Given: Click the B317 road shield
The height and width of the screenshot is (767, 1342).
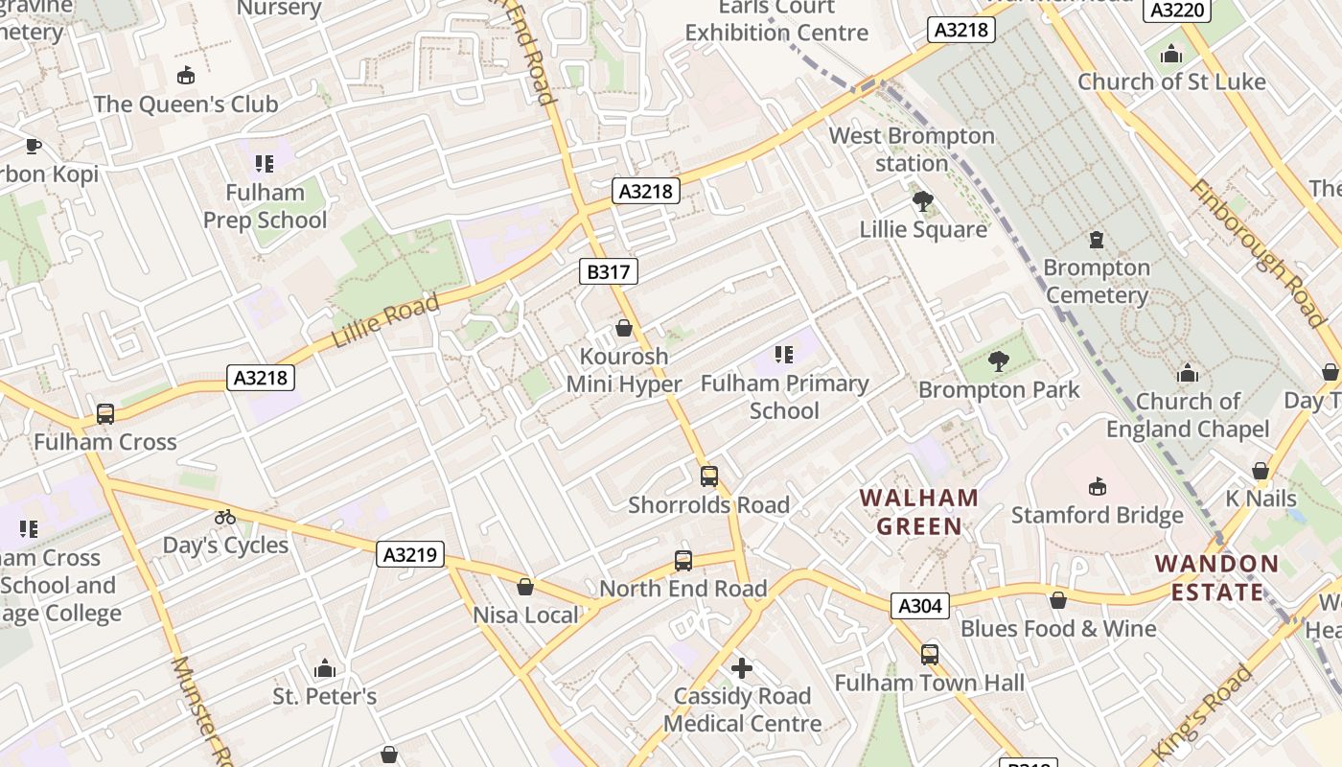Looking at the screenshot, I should click(x=609, y=272).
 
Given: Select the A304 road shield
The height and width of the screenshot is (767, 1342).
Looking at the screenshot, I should click(x=921, y=606).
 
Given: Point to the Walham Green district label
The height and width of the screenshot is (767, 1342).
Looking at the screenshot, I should click(x=919, y=512).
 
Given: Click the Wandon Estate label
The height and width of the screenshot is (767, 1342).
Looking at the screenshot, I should click(x=1217, y=577).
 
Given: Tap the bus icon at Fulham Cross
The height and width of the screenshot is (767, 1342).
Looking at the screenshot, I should click(x=105, y=414).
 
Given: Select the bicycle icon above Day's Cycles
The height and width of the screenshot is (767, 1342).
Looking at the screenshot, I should click(x=225, y=517).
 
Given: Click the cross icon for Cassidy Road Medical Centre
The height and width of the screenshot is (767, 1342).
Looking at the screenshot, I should click(x=742, y=668).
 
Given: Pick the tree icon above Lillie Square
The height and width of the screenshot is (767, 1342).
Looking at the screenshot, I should click(x=923, y=201).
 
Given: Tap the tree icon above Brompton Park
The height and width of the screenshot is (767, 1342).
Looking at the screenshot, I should click(x=999, y=361).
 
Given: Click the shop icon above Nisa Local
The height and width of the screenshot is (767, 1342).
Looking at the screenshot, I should click(x=525, y=587).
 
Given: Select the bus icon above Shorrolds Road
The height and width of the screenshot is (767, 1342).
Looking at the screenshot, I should click(x=709, y=476).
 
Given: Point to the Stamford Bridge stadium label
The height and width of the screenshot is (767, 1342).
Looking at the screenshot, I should click(x=1098, y=516).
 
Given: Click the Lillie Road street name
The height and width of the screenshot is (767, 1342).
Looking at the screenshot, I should click(x=385, y=322).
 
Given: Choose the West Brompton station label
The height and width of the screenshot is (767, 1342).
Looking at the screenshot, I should click(x=912, y=150).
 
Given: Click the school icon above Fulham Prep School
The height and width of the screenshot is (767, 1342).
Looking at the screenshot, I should click(x=265, y=164).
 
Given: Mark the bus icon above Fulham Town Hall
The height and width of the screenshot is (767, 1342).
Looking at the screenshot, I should click(x=930, y=655).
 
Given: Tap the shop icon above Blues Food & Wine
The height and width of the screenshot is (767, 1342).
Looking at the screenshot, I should click(x=1058, y=600).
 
